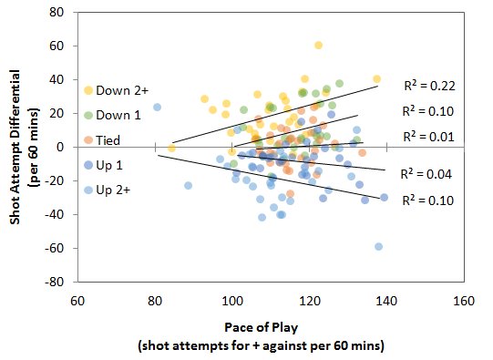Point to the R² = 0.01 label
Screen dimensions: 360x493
pyautogui.click(x=429, y=136)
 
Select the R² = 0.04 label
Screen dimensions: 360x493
pyautogui.click(x=429, y=172)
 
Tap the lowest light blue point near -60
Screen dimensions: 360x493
pyautogui.click(x=378, y=247)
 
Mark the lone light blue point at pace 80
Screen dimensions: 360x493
pyautogui.click(x=157, y=107)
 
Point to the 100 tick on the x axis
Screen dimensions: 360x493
pyautogui.click(x=232, y=301)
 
